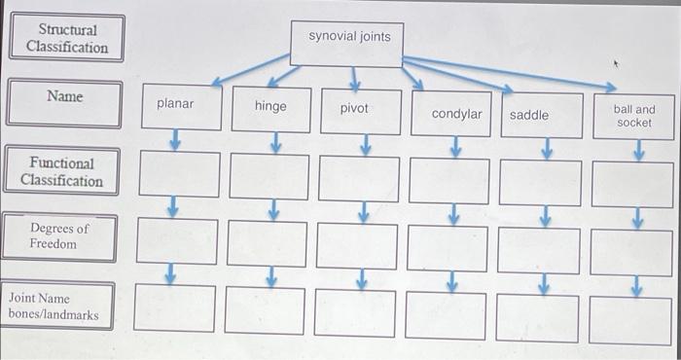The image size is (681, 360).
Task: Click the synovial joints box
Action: click(349, 38)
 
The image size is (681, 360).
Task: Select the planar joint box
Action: click(176, 105)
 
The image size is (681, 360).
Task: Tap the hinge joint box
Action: click(270, 107)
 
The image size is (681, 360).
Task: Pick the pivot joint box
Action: click(355, 109)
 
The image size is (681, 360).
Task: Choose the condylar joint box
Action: click(456, 114)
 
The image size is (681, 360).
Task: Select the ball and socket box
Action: click(633, 117)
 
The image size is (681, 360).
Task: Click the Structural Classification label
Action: click(66, 38)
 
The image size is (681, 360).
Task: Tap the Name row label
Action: click(65, 98)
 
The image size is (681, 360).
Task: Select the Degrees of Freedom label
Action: click(59, 236)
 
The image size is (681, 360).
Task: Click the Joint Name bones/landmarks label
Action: click(57, 306)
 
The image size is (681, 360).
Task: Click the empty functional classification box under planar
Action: click(179, 174)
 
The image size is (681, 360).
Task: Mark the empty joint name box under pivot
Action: click(356, 312)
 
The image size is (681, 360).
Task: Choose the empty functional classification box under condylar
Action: click(448, 179)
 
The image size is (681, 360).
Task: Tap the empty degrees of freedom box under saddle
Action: click(539, 250)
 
